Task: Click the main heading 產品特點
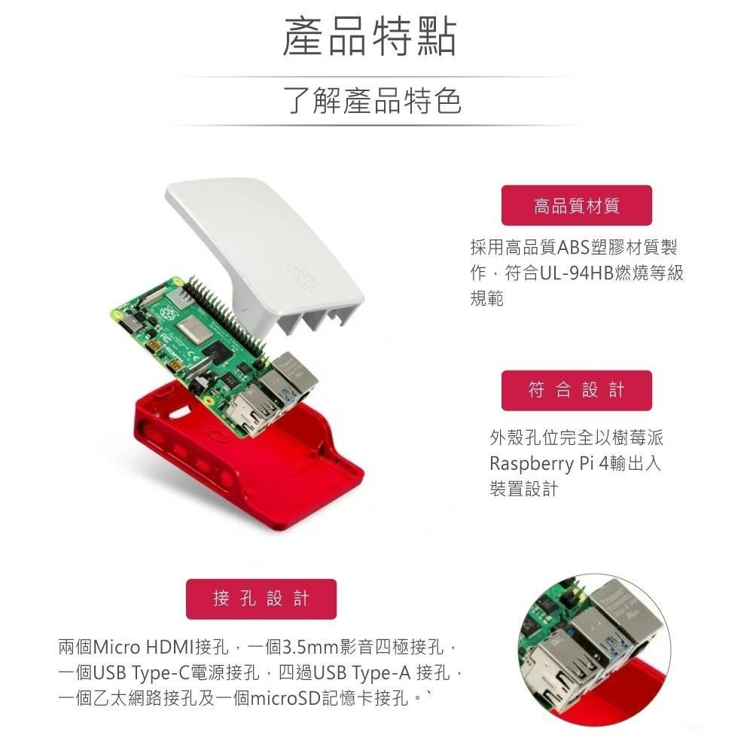coord(369,38)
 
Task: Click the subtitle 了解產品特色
coord(372,101)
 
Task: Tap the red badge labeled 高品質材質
coord(577,206)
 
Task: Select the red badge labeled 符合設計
coord(577,390)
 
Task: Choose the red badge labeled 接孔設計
coord(261,599)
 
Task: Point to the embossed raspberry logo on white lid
coord(299,276)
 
